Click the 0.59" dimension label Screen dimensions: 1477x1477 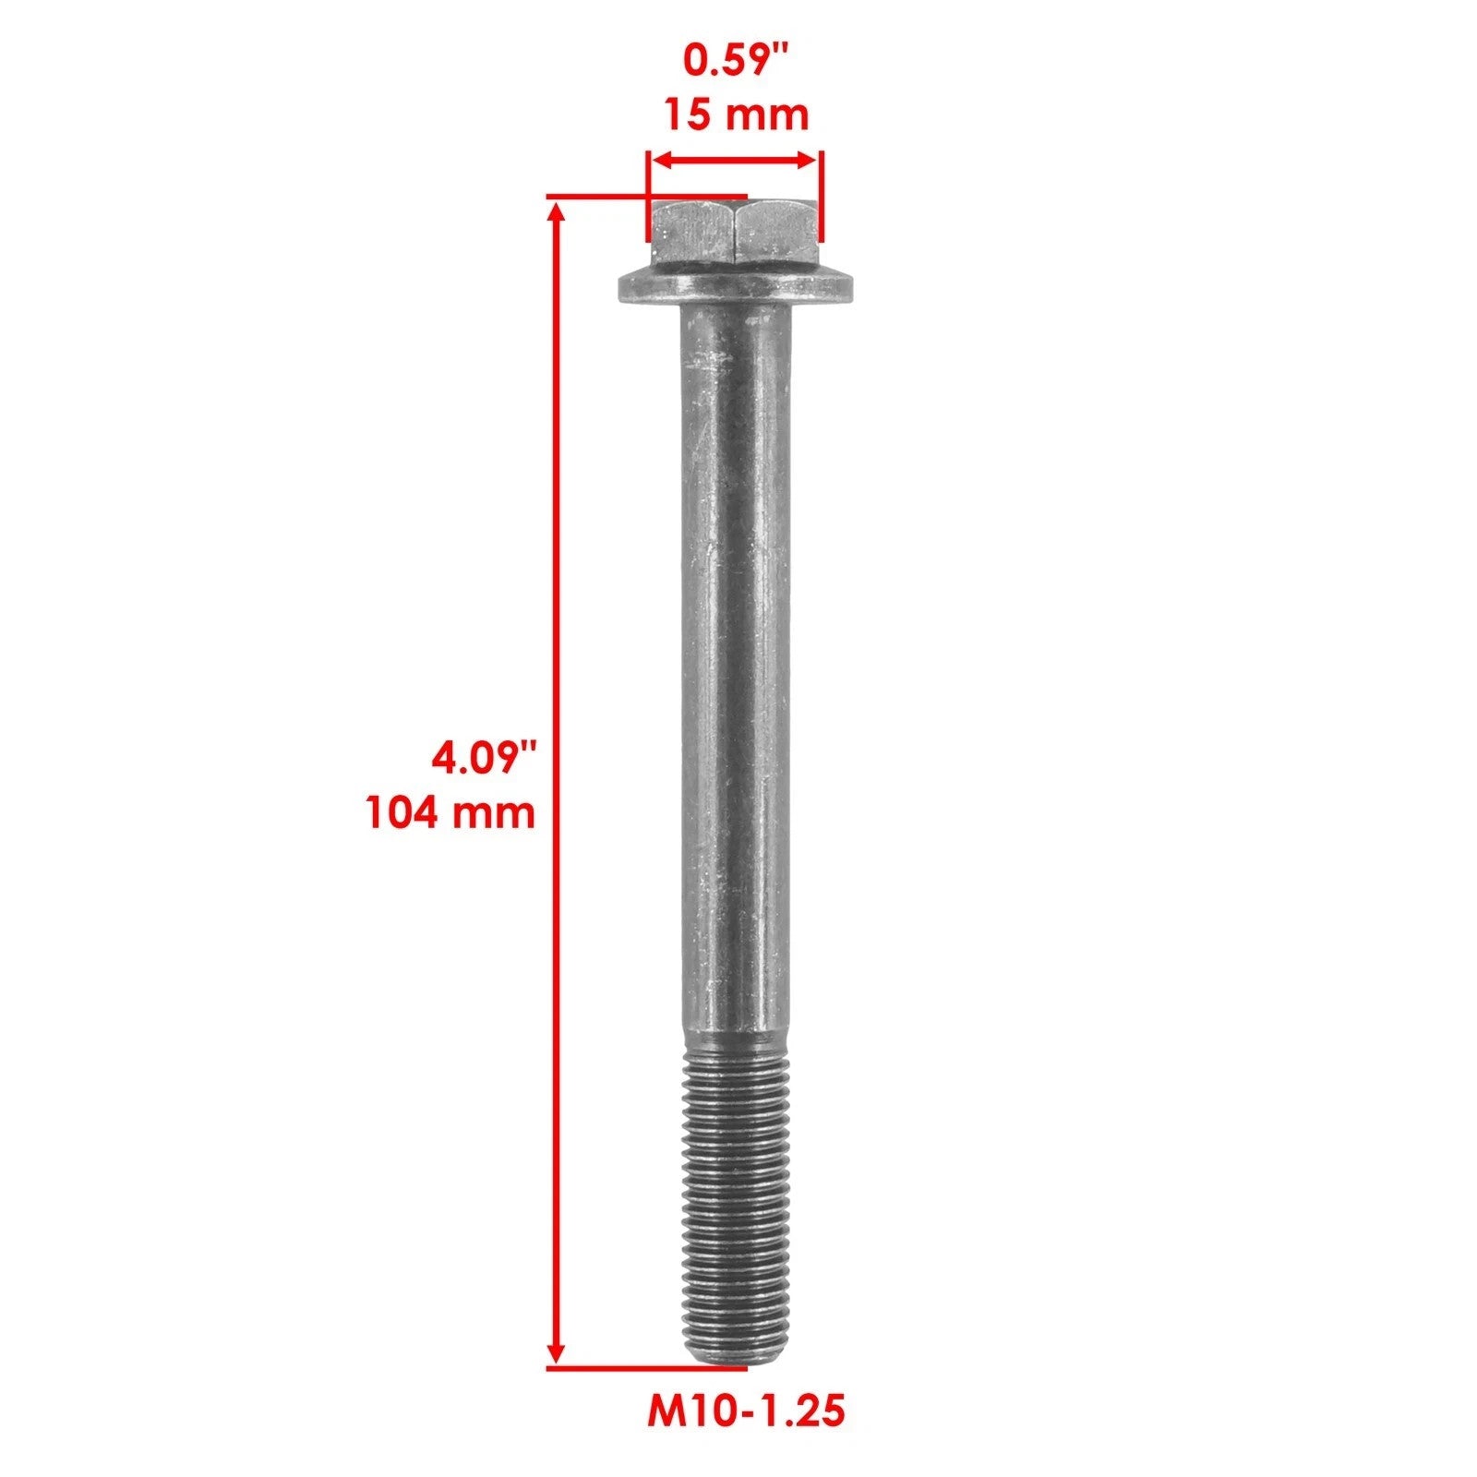[x=736, y=61]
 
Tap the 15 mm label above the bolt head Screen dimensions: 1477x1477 [x=736, y=115]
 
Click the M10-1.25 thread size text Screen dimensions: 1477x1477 [x=746, y=1411]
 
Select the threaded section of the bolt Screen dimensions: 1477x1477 [x=736, y=1200]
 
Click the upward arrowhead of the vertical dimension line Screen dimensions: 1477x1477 [x=556, y=214]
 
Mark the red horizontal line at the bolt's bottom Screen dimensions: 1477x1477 [x=646, y=1367]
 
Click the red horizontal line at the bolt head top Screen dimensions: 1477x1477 [x=646, y=197]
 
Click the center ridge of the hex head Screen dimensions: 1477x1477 [x=736, y=233]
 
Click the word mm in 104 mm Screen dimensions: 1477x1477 [x=501, y=813]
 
